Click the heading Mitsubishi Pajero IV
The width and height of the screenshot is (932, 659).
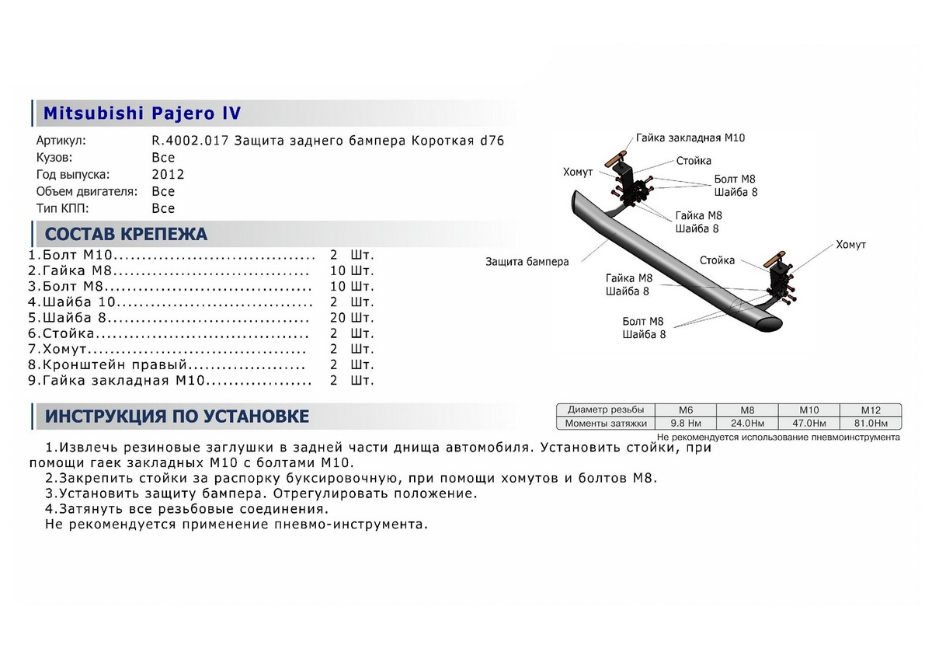[141, 113]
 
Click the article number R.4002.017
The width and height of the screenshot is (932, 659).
[190, 141]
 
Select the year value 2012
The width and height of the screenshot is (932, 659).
[168, 175]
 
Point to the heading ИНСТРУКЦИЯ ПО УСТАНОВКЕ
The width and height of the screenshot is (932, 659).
[177, 417]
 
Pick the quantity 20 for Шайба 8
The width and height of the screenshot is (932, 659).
[339, 318]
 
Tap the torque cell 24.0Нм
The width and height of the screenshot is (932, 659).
[746, 424]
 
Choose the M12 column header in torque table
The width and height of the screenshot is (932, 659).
[870, 410]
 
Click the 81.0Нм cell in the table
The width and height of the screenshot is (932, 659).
[870, 424]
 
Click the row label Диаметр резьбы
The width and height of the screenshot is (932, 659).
[605, 410]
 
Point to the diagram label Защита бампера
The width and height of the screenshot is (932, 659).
[527, 262]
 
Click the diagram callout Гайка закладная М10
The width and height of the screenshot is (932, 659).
[690, 138]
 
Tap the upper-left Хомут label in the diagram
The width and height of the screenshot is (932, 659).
[578, 172]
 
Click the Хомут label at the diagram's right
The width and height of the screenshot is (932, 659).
[850, 245]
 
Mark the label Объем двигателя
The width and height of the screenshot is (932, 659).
[87, 191]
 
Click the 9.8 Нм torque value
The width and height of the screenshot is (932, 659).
[686, 424]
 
